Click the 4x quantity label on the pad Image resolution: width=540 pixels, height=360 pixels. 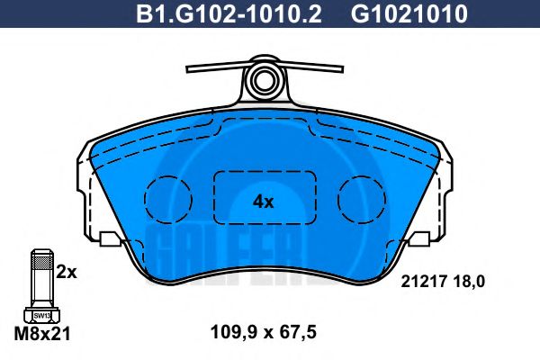click(263, 202)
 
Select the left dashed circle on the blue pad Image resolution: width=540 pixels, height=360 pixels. click(169, 197)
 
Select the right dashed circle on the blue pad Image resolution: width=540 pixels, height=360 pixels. click(362, 197)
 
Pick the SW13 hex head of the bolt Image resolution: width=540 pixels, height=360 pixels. click(41, 315)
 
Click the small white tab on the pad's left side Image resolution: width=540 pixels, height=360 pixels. click(111, 239)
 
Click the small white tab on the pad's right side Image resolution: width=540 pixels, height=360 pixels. click(419, 239)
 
